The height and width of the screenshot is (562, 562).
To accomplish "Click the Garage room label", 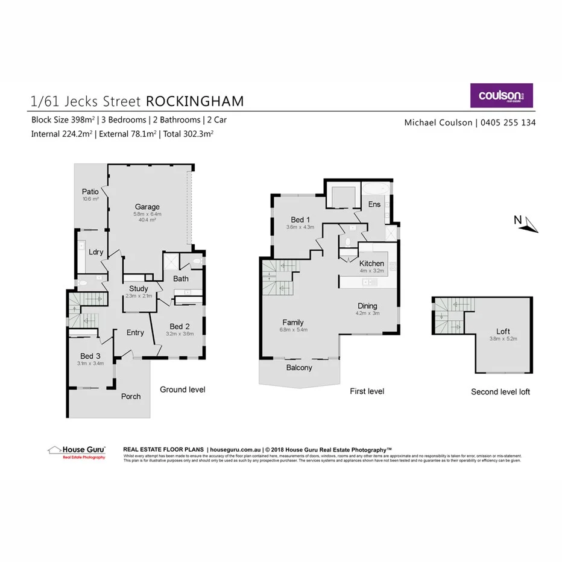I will click(147, 207).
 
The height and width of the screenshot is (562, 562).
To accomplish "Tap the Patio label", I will click(90, 192).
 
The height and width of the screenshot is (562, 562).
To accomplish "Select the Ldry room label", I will click(95, 253).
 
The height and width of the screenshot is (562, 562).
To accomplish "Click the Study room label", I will click(138, 289).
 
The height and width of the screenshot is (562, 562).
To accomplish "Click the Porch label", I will click(131, 396).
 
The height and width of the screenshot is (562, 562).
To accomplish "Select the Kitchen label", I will click(371, 264).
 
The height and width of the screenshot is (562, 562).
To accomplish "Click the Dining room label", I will click(368, 306).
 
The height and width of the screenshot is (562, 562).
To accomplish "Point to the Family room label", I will click(293, 322).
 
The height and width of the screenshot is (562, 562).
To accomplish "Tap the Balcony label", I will click(299, 368).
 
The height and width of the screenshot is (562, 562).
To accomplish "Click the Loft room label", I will click(503, 331).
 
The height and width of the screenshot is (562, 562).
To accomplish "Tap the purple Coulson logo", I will click(502, 95).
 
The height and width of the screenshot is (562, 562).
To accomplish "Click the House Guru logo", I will click(77, 451).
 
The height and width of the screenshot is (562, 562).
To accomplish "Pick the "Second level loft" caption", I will click(500, 392).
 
